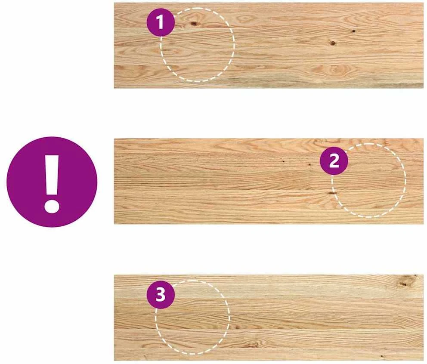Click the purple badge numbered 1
[161, 22]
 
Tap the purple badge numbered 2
[334, 161]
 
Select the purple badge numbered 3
[161, 295]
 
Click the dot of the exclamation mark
[52, 206]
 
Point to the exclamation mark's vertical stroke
[52, 175]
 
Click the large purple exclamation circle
[52, 182]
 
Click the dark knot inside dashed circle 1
[194, 24]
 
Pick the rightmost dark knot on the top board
[353, 31]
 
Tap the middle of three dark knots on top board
[333, 43]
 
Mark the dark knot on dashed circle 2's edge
[332, 193]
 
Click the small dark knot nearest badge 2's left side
[309, 164]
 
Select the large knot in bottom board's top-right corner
[405, 281]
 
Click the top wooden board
[269, 46]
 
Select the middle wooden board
[269, 181]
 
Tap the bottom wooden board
[269, 318]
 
